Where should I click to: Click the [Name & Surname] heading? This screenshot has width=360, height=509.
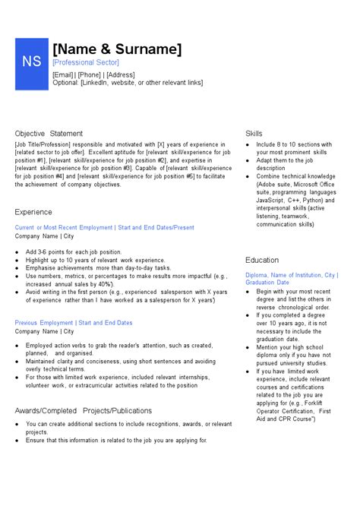(118, 50)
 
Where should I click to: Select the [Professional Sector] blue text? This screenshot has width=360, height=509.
(86, 62)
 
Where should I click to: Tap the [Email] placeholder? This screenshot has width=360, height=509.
(63, 75)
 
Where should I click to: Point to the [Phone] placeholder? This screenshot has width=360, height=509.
(91, 75)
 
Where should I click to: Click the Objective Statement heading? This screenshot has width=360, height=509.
(49, 134)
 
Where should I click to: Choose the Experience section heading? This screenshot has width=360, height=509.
(33, 212)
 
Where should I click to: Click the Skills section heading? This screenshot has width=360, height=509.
(254, 134)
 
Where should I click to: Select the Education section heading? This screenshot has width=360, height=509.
(262, 260)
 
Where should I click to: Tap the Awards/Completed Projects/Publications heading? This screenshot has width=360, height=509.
(84, 410)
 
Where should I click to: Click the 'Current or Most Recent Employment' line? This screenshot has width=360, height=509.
(64, 227)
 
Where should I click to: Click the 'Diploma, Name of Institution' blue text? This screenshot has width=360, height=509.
(282, 275)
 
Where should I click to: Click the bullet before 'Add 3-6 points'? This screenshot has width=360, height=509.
(17, 251)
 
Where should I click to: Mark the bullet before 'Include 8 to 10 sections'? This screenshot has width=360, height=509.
(248, 144)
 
